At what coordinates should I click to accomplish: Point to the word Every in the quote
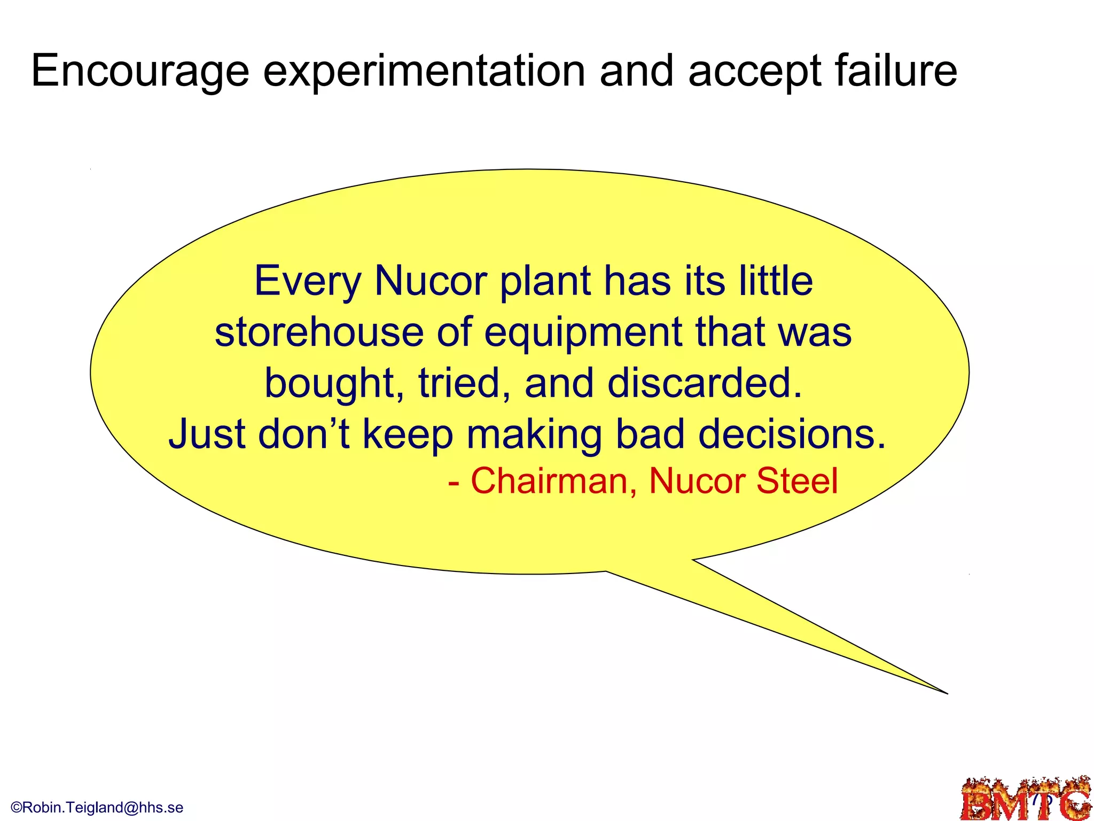308,282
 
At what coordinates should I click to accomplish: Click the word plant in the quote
545,282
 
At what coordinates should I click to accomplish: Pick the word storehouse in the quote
319,332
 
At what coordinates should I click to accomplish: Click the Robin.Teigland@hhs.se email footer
97,807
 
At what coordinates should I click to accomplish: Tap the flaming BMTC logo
1026,800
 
